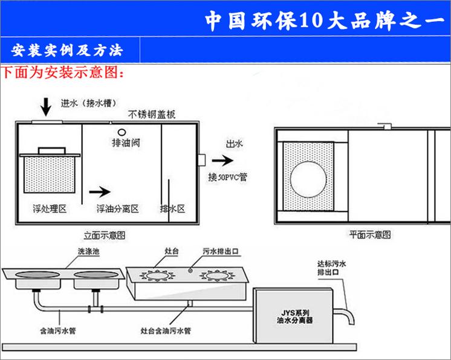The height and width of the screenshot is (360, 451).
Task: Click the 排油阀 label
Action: point(122,144)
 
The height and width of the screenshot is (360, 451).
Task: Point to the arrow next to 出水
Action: point(222,161)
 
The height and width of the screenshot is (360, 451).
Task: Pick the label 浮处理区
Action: point(49,208)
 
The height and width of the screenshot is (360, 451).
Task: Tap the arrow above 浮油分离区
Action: point(100,193)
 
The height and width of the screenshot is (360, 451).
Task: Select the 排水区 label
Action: point(172,208)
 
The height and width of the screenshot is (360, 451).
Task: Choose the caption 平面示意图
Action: point(369,233)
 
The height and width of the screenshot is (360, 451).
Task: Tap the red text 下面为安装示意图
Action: point(63,74)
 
